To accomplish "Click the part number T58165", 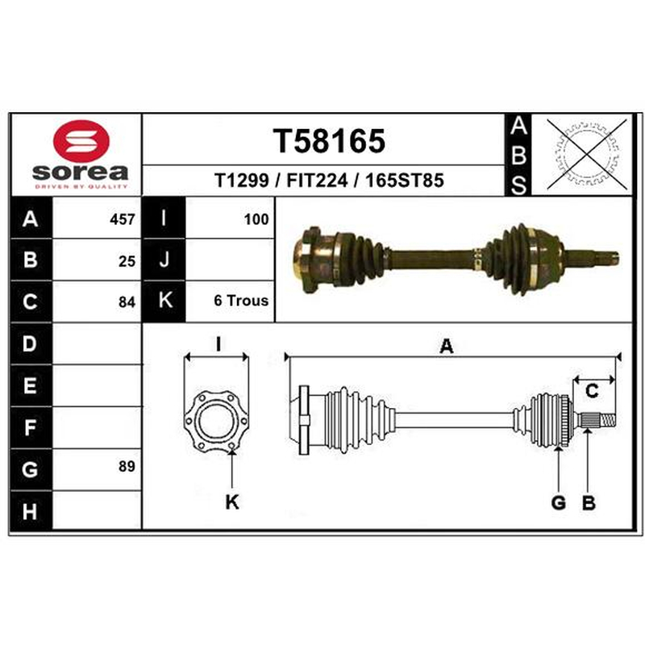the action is point(329,141).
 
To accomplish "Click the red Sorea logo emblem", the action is point(81,140).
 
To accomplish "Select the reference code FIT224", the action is point(317,180).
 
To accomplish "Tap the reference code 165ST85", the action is point(405,180).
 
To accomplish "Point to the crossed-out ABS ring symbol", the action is point(587,155).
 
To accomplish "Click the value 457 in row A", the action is point(123,219).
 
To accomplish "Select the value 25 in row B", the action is point(127,261).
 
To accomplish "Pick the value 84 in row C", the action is point(127,302).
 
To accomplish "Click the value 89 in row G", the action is point(127,467).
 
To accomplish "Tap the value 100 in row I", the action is point(256,219).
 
